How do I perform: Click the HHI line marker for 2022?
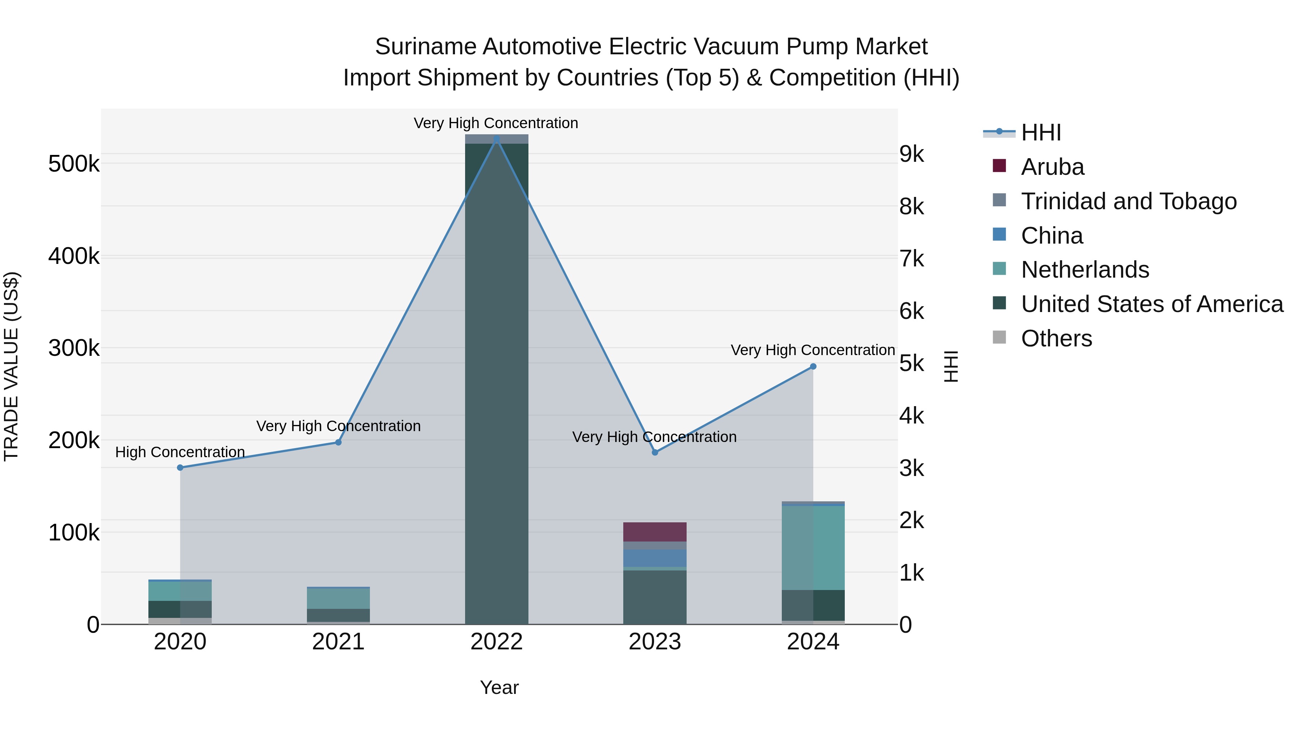tap(496, 139)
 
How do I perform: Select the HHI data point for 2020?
tap(180, 467)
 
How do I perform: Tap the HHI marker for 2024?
tap(813, 366)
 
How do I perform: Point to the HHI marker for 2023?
tap(654, 452)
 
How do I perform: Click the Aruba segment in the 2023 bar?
tap(654, 532)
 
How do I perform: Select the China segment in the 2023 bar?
tap(654, 558)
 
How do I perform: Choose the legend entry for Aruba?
tap(1052, 167)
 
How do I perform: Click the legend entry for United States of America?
tap(1152, 304)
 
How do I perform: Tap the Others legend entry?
tap(1056, 338)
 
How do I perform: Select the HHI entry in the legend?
tap(1041, 132)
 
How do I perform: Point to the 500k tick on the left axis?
tap(74, 164)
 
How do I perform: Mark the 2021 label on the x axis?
tap(338, 642)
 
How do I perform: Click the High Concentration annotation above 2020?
tap(180, 452)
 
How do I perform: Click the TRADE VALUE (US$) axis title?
tap(11, 366)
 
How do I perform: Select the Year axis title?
tap(499, 687)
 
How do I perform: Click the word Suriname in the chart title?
tap(426, 47)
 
